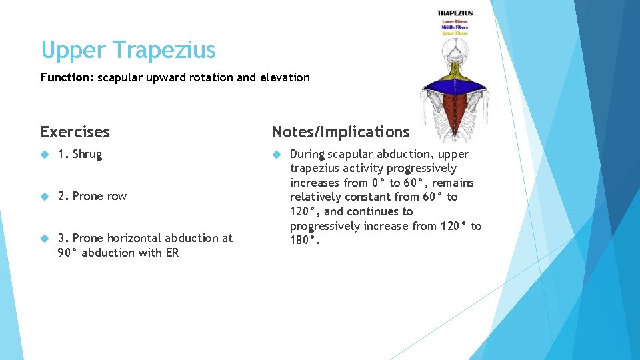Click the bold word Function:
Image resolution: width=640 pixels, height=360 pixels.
[67, 77]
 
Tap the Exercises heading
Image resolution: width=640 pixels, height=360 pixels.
[75, 132]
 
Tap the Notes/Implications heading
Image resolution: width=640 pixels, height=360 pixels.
[341, 132]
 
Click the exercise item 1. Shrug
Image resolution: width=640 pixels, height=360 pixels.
[80, 154]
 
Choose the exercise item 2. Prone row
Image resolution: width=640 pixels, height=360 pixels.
[92, 196]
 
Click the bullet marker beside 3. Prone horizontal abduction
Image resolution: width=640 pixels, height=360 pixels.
[45, 238]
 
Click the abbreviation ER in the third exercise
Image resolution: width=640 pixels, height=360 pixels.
[171, 253]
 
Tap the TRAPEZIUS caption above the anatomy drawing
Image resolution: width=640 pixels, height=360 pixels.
[455, 13]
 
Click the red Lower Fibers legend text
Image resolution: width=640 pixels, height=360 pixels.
[455, 21]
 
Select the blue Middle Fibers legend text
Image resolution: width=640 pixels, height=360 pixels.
[455, 27]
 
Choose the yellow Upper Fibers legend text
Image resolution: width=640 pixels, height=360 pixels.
[455, 33]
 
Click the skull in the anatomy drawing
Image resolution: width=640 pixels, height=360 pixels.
[455, 51]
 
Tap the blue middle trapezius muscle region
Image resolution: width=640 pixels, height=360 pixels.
[455, 83]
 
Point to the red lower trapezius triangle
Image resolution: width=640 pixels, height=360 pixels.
[455, 110]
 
